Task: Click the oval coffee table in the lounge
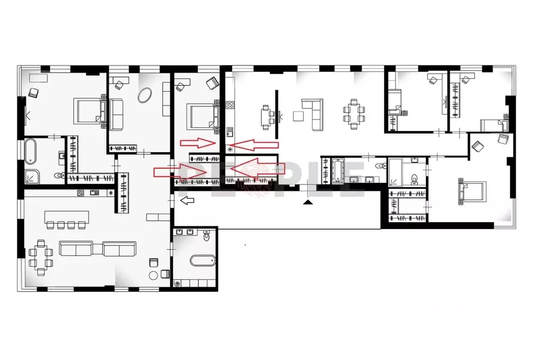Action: [x=144, y=95]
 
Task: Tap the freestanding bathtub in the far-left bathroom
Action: [x=30, y=151]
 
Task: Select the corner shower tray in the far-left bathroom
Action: [x=32, y=177]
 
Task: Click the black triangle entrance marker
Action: [x=307, y=202]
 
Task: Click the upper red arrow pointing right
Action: [x=197, y=142]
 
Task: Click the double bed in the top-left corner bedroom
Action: [x=88, y=111]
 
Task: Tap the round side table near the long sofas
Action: [x=154, y=275]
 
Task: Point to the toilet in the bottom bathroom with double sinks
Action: [x=207, y=236]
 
